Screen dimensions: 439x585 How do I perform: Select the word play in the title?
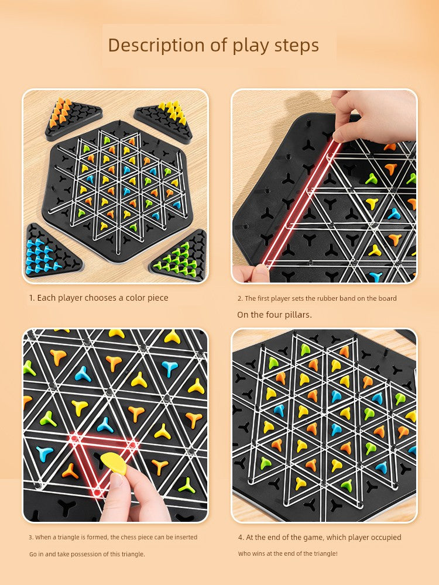[251, 46]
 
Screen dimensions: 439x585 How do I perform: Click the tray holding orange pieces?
[73, 119]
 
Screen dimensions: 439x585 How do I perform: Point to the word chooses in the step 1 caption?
[101, 298]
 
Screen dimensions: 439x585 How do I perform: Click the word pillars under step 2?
[296, 315]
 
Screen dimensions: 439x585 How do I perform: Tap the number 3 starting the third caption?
[30, 537]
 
